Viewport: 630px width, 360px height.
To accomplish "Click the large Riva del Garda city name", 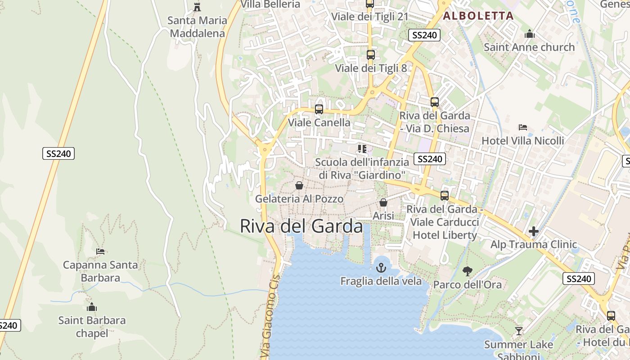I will [x=301, y=226].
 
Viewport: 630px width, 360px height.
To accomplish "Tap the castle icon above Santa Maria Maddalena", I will [x=197, y=7].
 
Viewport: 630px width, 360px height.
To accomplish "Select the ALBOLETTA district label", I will [x=478, y=16].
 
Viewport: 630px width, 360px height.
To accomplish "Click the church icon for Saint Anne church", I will [x=529, y=34].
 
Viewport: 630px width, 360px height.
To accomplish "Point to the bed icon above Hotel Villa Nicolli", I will [x=522, y=127].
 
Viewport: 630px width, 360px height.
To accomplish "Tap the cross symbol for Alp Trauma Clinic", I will [x=534, y=232].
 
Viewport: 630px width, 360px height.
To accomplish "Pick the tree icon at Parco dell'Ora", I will [x=468, y=271].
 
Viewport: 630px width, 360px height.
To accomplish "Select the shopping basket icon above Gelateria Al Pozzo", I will [x=299, y=185].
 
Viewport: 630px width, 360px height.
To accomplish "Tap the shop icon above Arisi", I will [x=383, y=203].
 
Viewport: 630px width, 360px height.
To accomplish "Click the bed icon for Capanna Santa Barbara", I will [x=100, y=252].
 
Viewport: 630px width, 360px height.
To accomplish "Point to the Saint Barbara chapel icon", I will [x=92, y=307].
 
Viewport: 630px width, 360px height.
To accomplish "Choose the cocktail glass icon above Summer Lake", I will [x=519, y=331].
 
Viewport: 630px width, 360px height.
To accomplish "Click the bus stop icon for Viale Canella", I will [x=319, y=109].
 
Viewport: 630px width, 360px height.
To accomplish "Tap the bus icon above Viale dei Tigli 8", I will [x=371, y=55].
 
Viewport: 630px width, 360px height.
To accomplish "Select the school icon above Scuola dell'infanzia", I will [x=362, y=148].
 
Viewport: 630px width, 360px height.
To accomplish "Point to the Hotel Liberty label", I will [x=445, y=235].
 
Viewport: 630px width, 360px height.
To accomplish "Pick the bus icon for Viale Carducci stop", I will [x=445, y=196].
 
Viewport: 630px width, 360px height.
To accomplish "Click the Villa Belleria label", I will [x=270, y=4].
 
